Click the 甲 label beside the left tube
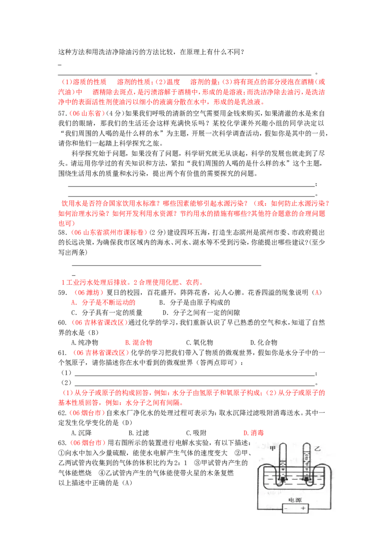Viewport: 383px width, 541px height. click(272, 448)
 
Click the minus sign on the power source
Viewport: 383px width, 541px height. click(286, 509)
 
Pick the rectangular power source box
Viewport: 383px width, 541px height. click(294, 509)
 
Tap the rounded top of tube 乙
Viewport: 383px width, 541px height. click(307, 444)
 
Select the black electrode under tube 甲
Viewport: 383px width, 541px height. click(283, 479)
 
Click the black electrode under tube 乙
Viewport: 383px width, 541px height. click(307, 479)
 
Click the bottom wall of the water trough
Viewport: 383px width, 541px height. click(294, 489)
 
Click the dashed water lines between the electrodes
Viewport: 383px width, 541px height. click(294, 479)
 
